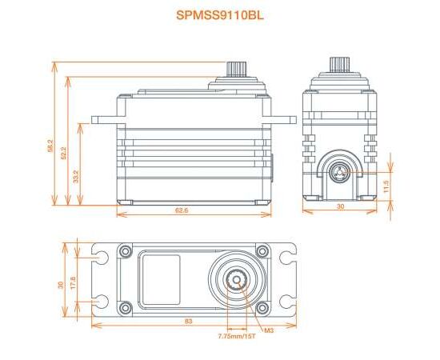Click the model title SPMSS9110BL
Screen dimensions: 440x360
220,15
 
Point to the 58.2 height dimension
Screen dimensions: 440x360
50,146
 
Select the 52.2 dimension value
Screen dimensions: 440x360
63,154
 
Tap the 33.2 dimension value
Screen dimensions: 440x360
76,177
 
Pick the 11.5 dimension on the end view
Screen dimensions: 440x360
386,186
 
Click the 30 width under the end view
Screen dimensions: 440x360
340,206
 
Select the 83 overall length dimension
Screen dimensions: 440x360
189,321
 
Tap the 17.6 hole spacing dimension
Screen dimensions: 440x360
74,283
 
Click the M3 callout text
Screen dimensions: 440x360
269,330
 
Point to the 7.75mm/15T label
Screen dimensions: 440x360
237,336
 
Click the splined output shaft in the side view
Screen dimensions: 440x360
237,69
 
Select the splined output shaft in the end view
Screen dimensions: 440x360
339,64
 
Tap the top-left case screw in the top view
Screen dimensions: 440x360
125,250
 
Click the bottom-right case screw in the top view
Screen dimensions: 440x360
262,307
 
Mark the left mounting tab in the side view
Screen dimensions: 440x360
104,120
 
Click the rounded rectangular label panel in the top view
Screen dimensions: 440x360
161,280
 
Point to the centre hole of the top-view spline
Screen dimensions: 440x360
237,280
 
